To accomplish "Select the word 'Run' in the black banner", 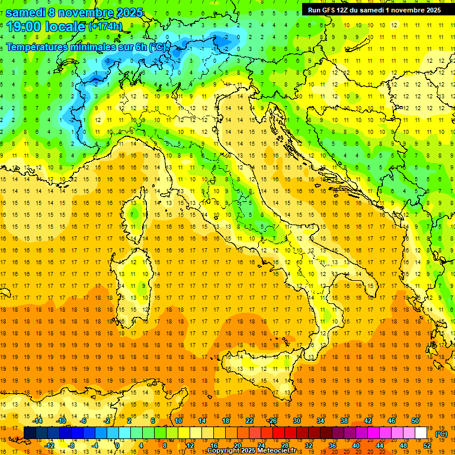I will (315, 10).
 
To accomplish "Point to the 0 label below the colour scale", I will (117, 446).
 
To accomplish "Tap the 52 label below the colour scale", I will (427, 446).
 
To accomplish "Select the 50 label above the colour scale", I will (415, 421).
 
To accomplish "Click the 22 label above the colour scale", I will (249, 421).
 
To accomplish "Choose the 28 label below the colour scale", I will (284, 446).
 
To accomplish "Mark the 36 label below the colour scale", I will (332, 446).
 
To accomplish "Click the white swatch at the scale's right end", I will (421, 433).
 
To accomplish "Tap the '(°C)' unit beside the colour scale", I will (441, 434).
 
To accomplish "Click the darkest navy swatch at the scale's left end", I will (30, 433).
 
